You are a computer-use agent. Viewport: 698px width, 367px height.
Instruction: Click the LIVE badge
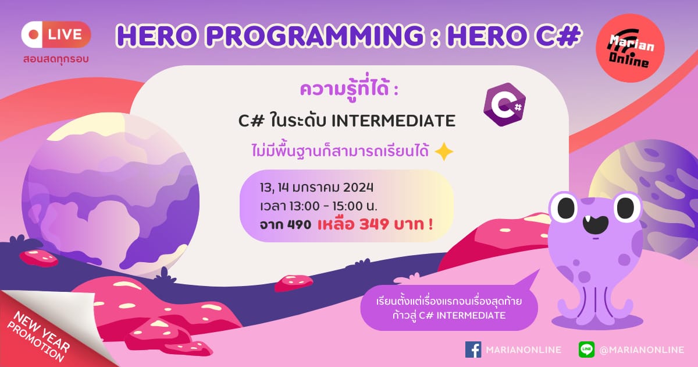pyautogui.click(x=56, y=34)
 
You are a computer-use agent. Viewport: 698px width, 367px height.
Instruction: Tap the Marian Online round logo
pyautogui.click(x=630, y=48)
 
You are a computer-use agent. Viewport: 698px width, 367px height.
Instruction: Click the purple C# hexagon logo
pyautogui.click(x=504, y=104)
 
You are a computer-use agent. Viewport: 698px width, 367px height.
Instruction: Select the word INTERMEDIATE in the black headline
pyautogui.click(x=393, y=121)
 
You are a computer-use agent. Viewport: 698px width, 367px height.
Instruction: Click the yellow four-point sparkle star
pyautogui.click(x=444, y=151)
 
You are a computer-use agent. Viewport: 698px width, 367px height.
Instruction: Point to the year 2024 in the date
pyautogui.click(x=358, y=188)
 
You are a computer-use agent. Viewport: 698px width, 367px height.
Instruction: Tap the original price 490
pyautogui.click(x=299, y=225)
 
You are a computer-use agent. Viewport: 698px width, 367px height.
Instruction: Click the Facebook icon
pyautogui.click(x=473, y=350)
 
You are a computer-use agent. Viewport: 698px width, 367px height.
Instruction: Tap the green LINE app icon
pyautogui.click(x=586, y=350)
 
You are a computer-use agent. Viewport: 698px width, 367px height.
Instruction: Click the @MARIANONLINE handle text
pyautogui.click(x=642, y=350)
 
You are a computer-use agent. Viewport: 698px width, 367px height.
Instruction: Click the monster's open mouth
pyautogui.click(x=595, y=225)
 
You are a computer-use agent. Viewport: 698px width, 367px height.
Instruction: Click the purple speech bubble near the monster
pyautogui.click(x=449, y=308)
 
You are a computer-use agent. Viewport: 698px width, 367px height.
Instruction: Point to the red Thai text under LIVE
pyautogui.click(x=56, y=59)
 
